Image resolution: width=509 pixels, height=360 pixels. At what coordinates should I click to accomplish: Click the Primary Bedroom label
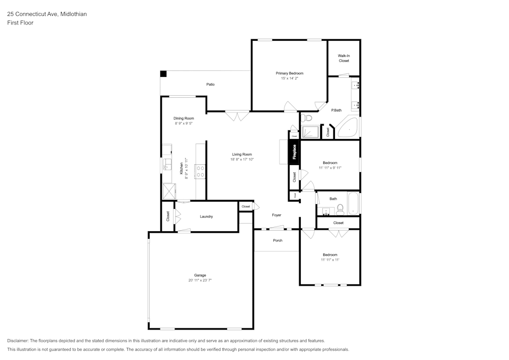click(289, 73)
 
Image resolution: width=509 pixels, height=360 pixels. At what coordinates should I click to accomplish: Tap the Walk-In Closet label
click(344, 58)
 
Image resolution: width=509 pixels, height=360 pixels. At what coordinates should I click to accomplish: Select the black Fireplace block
click(294, 151)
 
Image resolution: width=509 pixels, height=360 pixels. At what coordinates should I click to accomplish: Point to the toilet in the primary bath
click(307, 119)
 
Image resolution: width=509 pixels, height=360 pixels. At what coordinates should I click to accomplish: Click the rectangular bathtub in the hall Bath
click(353, 204)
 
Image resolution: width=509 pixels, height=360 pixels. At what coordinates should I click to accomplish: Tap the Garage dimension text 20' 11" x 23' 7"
click(200, 280)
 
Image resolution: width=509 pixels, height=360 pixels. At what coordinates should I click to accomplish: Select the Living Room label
click(242, 154)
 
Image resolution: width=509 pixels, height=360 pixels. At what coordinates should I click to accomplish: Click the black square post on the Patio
click(163, 74)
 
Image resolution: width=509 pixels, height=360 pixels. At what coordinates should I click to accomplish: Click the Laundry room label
click(206, 216)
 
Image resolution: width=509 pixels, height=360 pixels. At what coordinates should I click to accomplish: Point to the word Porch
click(277, 240)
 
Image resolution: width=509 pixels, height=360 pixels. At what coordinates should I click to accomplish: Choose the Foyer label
click(276, 215)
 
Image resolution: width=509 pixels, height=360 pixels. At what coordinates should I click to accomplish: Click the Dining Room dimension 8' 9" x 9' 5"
click(184, 123)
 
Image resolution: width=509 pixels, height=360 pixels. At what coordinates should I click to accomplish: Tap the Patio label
click(210, 84)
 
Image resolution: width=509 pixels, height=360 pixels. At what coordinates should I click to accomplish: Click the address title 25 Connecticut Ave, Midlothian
click(47, 14)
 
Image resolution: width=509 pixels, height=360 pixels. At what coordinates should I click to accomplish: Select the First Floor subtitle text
click(20, 23)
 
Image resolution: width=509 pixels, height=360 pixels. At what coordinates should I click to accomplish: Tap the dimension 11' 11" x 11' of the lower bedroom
click(330, 260)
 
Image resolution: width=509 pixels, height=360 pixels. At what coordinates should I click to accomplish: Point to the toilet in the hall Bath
click(340, 208)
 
